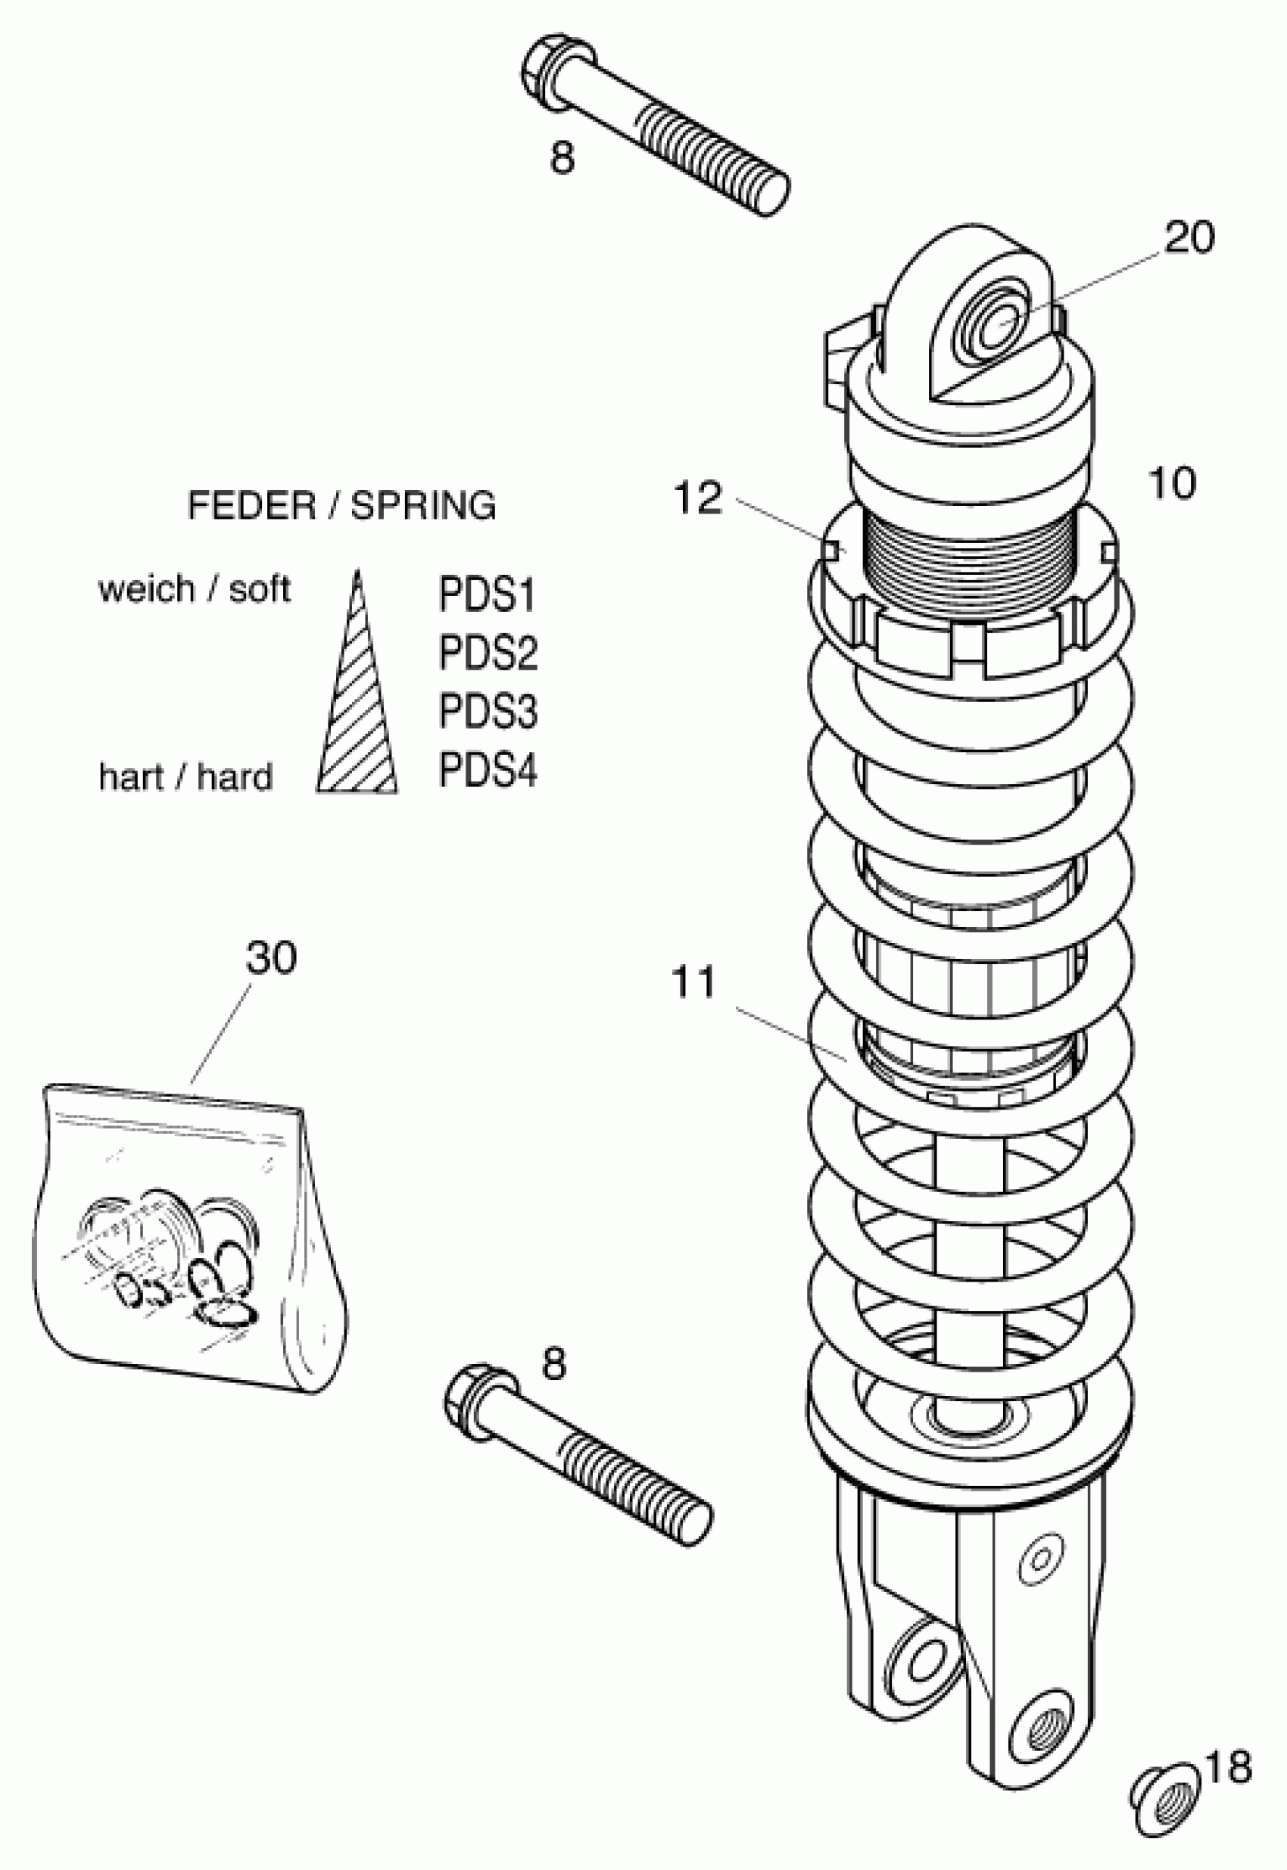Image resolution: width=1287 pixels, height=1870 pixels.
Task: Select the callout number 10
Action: tap(1171, 483)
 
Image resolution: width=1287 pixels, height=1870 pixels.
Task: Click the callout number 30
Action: tap(271, 957)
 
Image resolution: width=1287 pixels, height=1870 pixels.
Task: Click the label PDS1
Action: tap(487, 595)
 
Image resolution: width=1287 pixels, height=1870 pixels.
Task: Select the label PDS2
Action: tap(487, 653)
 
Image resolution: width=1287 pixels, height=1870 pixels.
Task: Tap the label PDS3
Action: tap(487, 710)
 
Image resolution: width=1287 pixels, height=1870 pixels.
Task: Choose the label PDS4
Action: tap(487, 770)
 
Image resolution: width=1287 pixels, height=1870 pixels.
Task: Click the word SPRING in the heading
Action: tap(423, 506)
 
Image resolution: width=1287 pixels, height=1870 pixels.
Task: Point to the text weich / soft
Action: tap(194, 589)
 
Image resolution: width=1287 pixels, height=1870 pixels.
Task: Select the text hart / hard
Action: tap(185, 777)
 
